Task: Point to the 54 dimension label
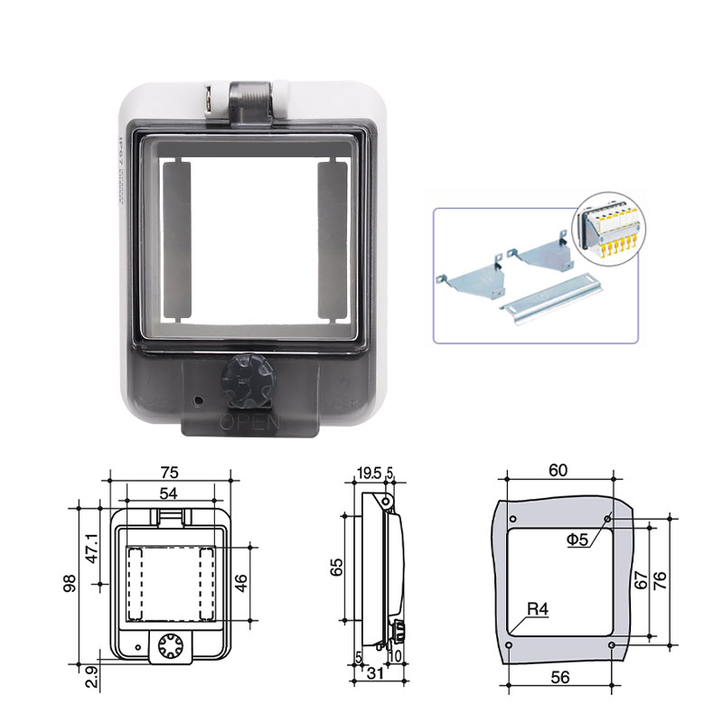coord(168,493)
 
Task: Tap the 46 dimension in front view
coord(240,582)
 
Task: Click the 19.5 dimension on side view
coord(368,473)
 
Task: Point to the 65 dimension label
coord(336,568)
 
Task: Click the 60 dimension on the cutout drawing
coord(559,469)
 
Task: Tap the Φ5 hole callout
coord(578,540)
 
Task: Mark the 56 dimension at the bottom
coord(560,676)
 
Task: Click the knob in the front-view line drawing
coord(168,644)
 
